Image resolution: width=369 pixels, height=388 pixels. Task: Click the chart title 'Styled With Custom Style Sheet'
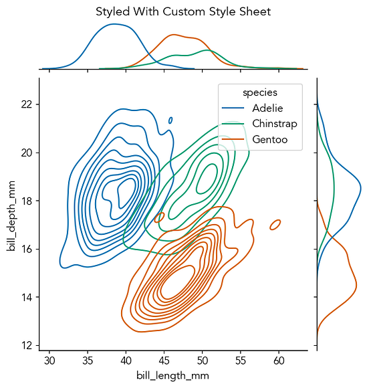[182, 12]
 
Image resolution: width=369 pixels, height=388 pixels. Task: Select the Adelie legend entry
[267, 108]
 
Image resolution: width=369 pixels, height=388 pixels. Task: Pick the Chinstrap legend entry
[274, 123]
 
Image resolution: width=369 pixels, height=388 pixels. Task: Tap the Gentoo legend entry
[269, 138]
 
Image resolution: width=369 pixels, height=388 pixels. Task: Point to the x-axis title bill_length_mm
[173, 376]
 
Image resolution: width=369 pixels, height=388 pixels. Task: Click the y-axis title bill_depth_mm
[11, 221]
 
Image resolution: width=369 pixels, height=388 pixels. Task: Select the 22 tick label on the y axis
[27, 104]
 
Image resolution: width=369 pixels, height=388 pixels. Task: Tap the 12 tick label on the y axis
[27, 345]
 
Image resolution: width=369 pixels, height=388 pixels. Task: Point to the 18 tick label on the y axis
[27, 201]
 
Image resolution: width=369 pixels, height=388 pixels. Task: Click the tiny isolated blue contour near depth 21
[170, 120]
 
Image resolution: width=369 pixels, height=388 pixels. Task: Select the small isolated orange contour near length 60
[275, 225]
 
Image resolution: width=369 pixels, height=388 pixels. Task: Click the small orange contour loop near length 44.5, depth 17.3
[159, 217]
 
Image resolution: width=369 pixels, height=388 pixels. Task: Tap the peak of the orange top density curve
[174, 35]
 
